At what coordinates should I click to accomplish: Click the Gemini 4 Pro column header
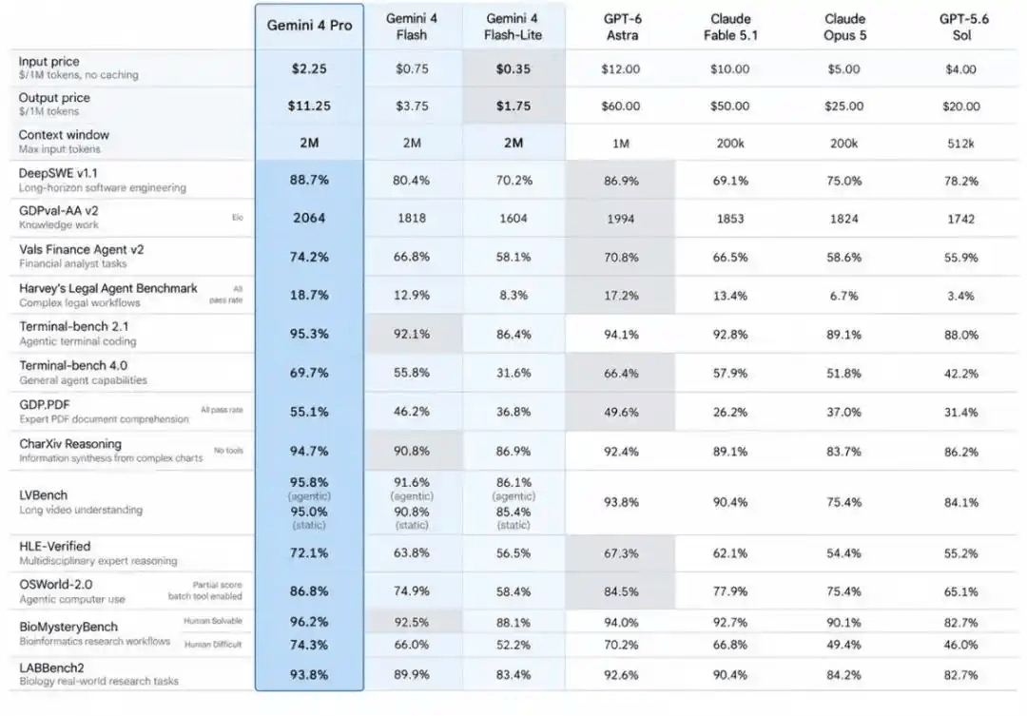click(x=309, y=26)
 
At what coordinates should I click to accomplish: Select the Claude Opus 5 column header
click(x=844, y=27)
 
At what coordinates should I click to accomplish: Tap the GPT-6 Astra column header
click(x=622, y=27)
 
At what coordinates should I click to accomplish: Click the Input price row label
click(x=49, y=62)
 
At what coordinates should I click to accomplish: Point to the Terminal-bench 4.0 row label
click(x=73, y=365)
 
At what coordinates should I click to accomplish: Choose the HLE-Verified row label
click(x=55, y=547)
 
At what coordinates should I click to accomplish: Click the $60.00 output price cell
click(x=620, y=106)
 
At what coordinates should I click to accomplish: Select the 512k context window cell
click(x=960, y=144)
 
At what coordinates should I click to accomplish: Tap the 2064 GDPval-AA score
click(x=309, y=218)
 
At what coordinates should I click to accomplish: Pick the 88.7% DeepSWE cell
click(x=309, y=180)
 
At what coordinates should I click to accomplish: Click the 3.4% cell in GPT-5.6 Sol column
click(x=960, y=296)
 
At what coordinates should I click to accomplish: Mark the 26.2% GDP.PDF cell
click(x=729, y=412)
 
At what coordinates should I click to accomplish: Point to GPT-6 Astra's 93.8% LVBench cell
click(x=621, y=502)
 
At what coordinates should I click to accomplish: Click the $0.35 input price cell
click(x=513, y=68)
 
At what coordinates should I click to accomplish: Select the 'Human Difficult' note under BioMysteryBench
click(x=213, y=645)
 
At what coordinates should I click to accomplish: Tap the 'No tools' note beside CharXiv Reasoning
click(x=228, y=451)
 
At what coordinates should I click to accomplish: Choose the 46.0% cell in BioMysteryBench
click(x=960, y=645)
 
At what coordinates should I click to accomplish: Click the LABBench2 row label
click(x=51, y=668)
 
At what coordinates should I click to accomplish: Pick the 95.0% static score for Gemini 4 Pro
click(x=309, y=511)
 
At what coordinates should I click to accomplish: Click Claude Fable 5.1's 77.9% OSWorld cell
click(x=729, y=591)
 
